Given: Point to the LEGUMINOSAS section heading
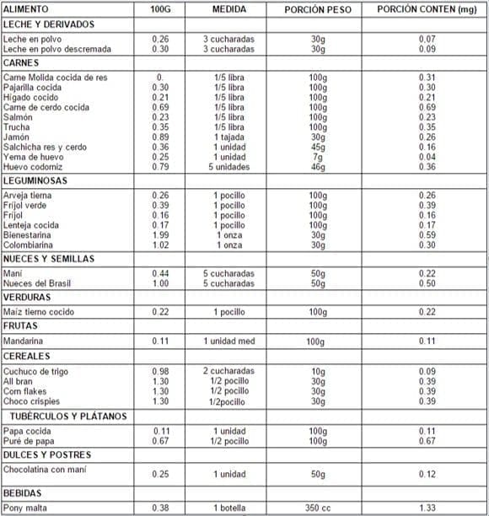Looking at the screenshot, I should [x=37, y=180].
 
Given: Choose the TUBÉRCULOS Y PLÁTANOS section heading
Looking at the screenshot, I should [x=67, y=417].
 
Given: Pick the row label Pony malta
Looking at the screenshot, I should [x=24, y=508].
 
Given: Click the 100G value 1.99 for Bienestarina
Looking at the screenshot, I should [x=160, y=235].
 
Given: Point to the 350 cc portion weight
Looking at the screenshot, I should [x=317, y=508].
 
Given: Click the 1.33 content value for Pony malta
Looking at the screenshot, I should [x=427, y=508].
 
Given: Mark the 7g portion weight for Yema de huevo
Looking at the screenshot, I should [x=317, y=157].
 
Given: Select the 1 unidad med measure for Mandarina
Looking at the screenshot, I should [x=228, y=341].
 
